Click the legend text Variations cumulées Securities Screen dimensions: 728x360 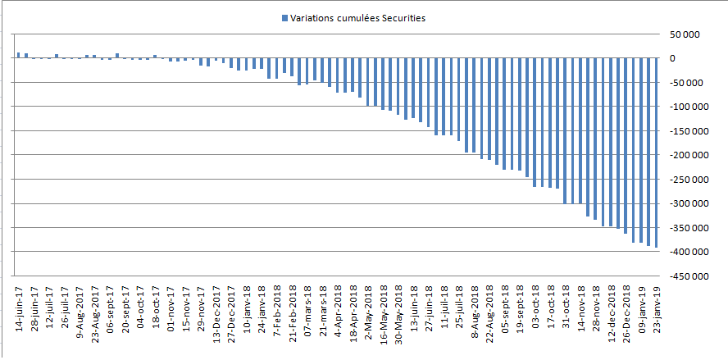click(358, 18)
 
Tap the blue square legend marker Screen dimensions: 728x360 click(284, 18)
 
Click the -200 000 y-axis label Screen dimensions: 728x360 click(682, 155)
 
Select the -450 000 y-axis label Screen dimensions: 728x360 click(682, 276)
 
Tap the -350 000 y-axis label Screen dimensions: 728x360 click(682, 228)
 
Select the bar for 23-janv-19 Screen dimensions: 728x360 click(657, 153)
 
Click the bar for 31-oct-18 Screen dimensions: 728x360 click(565, 131)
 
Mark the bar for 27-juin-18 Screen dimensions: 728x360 click(428, 93)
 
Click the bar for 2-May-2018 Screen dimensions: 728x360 click(367, 82)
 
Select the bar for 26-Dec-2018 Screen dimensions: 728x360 click(626, 146)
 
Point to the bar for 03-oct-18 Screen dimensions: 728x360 click(535, 123)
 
